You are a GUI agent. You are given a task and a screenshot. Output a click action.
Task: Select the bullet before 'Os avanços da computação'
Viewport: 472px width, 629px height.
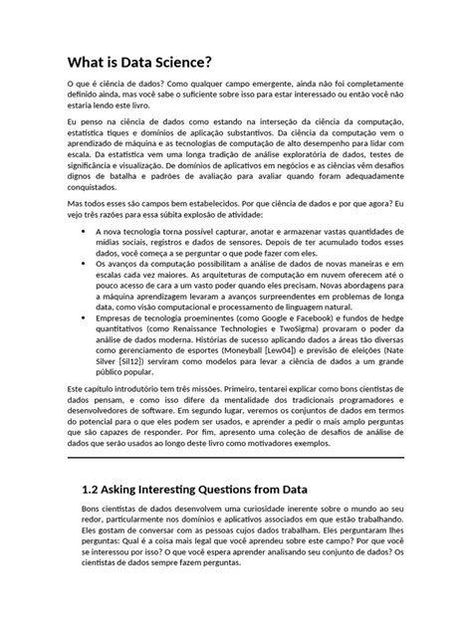tap(83, 293)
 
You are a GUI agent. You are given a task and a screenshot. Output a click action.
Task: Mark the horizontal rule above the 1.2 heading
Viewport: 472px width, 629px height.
tap(235, 457)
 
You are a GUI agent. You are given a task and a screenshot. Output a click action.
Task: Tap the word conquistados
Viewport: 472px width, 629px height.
tap(93, 213)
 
